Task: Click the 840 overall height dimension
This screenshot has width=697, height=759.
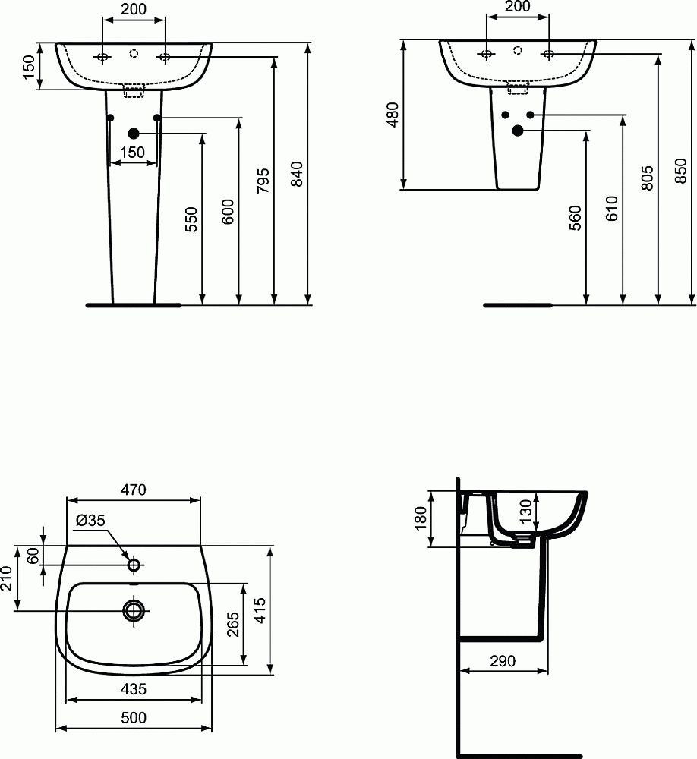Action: click(298, 175)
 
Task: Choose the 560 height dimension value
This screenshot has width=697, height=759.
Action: click(576, 218)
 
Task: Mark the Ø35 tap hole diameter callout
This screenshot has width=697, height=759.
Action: click(91, 520)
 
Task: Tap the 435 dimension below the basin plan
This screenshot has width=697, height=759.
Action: click(134, 688)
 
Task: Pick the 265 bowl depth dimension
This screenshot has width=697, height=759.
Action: click(233, 622)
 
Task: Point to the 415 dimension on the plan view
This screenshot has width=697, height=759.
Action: click(260, 609)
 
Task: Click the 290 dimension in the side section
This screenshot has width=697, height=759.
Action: click(503, 661)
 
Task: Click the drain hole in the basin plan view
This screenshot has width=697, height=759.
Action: click(134, 609)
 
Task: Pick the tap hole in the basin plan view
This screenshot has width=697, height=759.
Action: click(134, 565)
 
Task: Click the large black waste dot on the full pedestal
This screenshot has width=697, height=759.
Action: click(134, 133)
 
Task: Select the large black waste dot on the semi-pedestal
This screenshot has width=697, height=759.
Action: click(519, 131)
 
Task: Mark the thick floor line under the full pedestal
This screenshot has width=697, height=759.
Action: click(134, 305)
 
